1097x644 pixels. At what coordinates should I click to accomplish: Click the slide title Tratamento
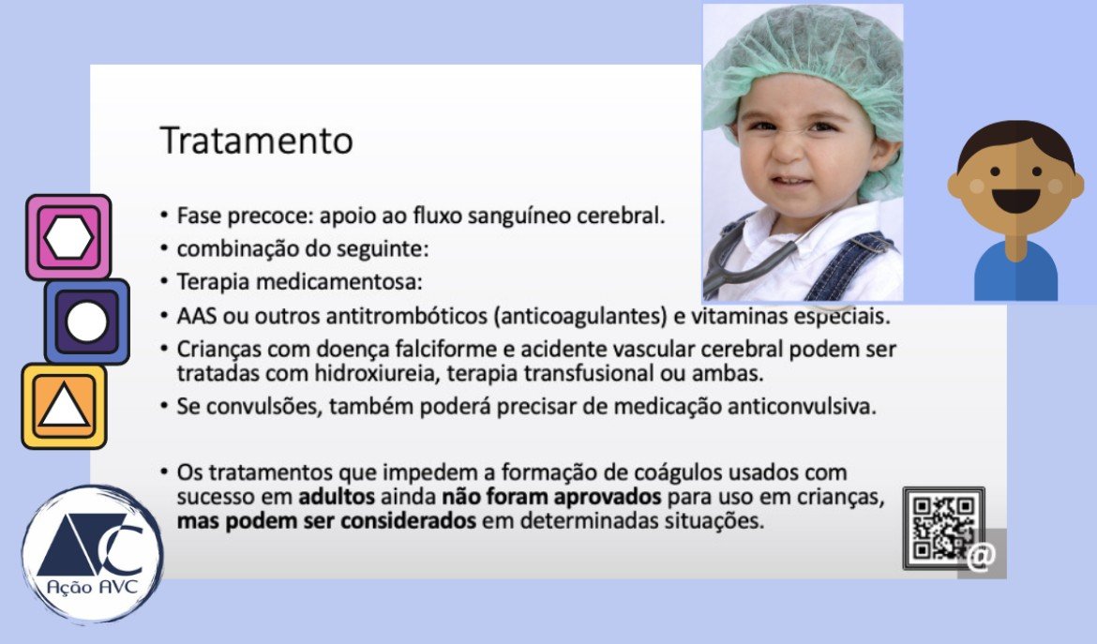pos(256,141)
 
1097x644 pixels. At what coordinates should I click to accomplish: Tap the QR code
pos(943,528)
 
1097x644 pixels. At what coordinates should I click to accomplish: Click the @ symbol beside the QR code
pos(982,555)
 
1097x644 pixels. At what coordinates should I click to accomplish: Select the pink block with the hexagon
pos(68,237)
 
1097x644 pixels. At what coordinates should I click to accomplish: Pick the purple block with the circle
pos(87,322)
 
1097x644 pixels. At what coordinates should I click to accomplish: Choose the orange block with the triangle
pos(64,406)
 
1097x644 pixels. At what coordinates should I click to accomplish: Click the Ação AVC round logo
pos(92,554)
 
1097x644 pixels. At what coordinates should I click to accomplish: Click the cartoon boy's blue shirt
pos(1015,273)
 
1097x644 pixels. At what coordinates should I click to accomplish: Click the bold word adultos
pos(336,497)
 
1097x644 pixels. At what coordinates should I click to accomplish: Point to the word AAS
pos(196,316)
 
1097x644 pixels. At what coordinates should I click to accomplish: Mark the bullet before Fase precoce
pos(164,215)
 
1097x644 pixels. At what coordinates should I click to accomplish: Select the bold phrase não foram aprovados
pos(551,497)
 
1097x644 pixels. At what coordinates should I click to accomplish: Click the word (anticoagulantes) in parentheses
pos(580,317)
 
